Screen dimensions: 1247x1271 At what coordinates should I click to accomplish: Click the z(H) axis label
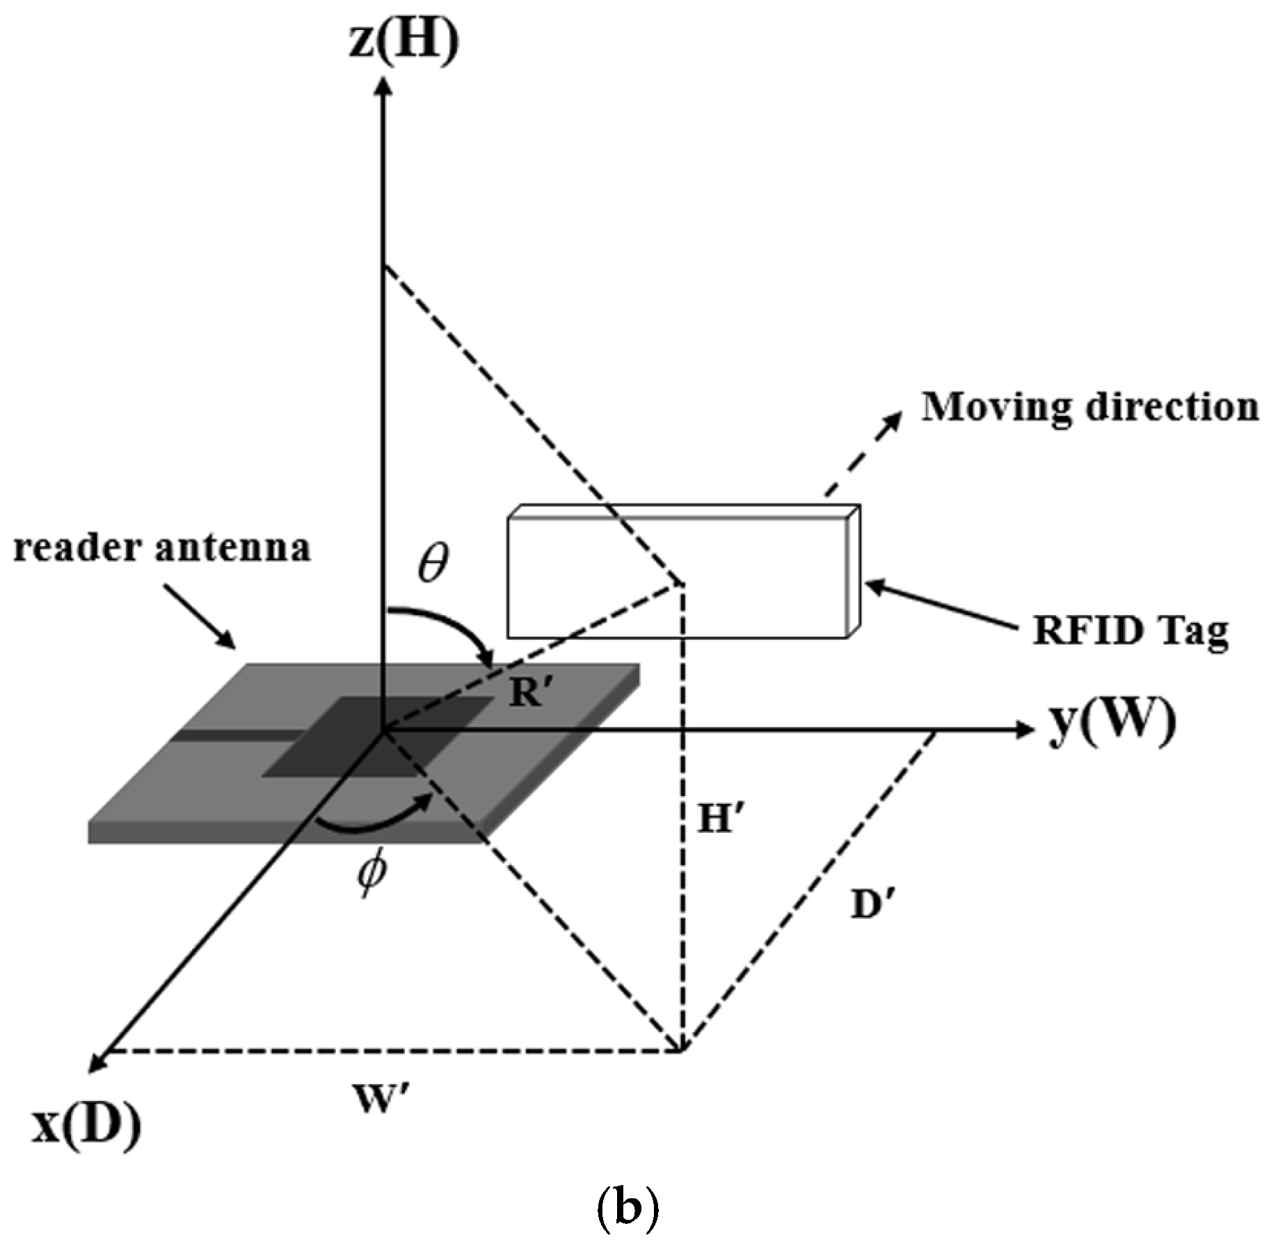click(x=403, y=43)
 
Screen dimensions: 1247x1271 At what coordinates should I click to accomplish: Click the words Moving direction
click(x=1089, y=408)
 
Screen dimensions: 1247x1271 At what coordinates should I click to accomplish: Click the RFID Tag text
click(x=1130, y=632)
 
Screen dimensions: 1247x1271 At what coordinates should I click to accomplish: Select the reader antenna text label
click(x=161, y=548)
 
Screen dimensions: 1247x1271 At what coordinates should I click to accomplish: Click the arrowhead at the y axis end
click(x=1025, y=729)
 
